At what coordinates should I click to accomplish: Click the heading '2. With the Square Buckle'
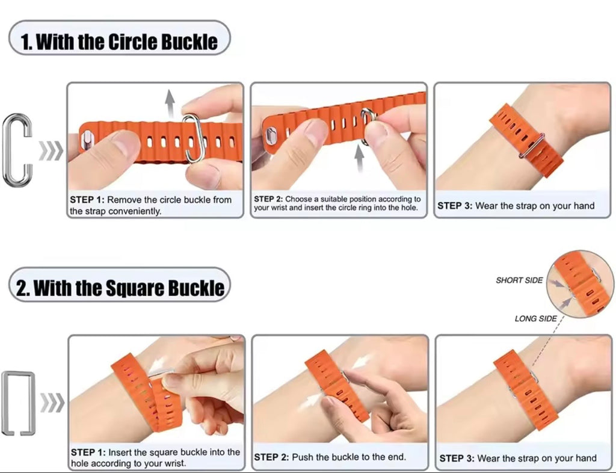click(120, 287)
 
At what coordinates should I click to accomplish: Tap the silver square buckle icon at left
click(17, 403)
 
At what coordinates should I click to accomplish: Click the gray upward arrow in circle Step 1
click(170, 102)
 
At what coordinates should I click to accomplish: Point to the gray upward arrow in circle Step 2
click(360, 159)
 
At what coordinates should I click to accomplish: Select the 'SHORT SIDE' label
click(519, 280)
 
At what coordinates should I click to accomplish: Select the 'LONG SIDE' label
click(535, 318)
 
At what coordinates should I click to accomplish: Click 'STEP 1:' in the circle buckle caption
click(88, 200)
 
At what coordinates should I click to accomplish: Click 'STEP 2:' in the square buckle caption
click(272, 457)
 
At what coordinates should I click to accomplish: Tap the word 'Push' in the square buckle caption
click(303, 457)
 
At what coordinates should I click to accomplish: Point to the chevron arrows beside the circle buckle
click(51, 151)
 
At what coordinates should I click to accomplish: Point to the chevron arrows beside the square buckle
click(52, 404)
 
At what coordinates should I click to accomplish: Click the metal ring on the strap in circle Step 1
click(192, 138)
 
